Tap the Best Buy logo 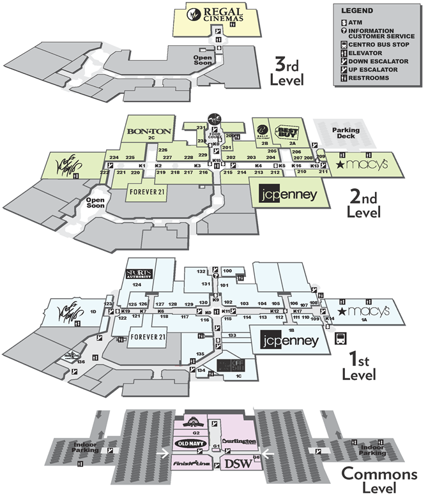(286, 133)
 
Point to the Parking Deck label (346, 133)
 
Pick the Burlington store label (240, 441)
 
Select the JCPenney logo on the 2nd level (287, 194)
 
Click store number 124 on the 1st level (137, 284)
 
